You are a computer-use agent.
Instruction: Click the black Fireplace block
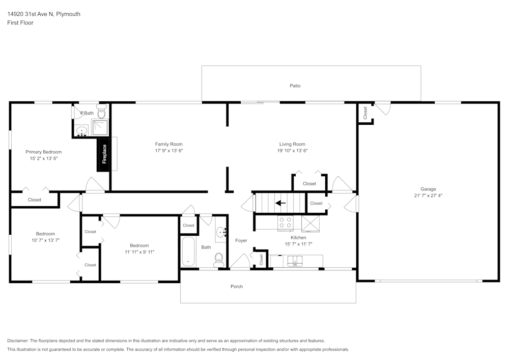coord(103,154)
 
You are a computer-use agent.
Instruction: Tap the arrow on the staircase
coord(280,203)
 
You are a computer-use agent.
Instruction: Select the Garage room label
coord(428,189)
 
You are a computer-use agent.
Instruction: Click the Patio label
coord(295,86)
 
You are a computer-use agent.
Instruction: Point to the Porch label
coord(237,286)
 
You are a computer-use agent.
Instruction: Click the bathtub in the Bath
coord(188,252)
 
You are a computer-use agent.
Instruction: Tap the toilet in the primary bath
coord(102,112)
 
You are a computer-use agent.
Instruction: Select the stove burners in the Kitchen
coord(285,223)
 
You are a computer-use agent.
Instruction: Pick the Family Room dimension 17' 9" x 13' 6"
coord(169,151)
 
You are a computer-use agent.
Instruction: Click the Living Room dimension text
coord(292,151)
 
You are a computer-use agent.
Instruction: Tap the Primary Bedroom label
coord(43,152)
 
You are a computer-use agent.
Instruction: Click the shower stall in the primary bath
coord(100,128)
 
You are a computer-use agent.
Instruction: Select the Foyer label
coord(241,240)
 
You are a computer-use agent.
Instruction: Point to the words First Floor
coord(20,23)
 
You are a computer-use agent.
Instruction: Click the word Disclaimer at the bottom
coord(18,341)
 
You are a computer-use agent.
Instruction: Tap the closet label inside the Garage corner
coord(365,113)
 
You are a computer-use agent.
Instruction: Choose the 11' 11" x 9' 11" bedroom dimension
coord(139,252)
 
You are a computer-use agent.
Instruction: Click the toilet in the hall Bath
coord(219,260)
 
